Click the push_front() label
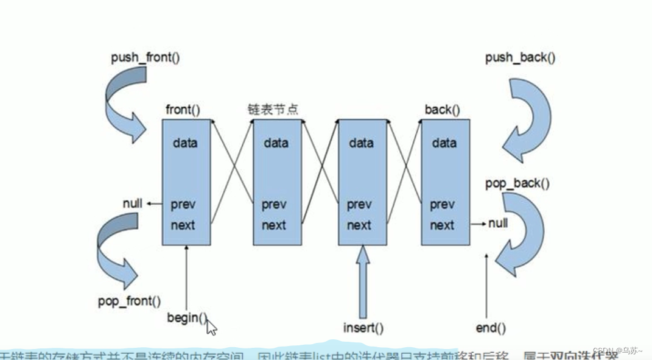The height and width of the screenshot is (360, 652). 145,58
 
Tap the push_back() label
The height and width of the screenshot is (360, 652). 520,58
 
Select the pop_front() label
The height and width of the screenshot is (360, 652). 130,301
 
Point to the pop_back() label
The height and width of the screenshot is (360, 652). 517,183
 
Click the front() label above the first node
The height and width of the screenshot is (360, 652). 183,110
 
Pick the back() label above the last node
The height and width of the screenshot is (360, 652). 442,110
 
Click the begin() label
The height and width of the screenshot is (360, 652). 187,317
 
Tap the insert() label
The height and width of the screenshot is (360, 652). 363,328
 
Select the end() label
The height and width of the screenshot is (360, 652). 491,328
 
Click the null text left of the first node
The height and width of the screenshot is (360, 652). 132,203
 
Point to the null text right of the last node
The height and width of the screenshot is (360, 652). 498,224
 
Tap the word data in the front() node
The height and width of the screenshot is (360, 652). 185,143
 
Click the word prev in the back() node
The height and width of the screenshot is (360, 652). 442,205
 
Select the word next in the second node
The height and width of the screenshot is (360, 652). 274,225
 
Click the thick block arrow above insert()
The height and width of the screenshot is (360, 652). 363,280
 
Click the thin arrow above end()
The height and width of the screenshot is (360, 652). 486,286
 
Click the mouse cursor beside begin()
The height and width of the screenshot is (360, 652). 211,326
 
